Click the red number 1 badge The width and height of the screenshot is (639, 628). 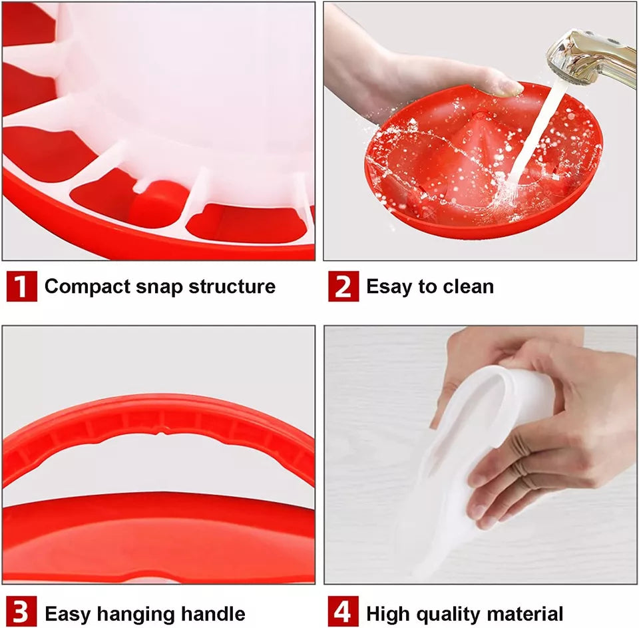click(x=22, y=286)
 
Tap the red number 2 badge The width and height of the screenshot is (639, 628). click(x=343, y=286)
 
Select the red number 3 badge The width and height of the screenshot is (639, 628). click(x=22, y=612)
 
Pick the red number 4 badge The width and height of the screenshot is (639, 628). click(x=343, y=612)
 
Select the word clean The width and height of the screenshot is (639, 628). click(x=466, y=287)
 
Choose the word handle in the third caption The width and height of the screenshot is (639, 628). click(x=212, y=613)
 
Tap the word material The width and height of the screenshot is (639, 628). click(x=526, y=613)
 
